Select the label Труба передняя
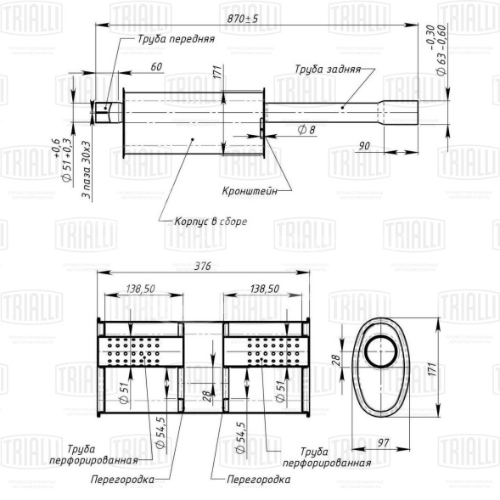coord(177,39)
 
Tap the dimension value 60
coord(156,66)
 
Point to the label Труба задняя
coord(328,70)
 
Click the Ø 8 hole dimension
coord(307,129)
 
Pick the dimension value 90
coord(363,146)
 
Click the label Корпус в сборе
coord(211,221)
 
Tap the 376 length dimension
coord(202,265)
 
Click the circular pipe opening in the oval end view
coord(381,351)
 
